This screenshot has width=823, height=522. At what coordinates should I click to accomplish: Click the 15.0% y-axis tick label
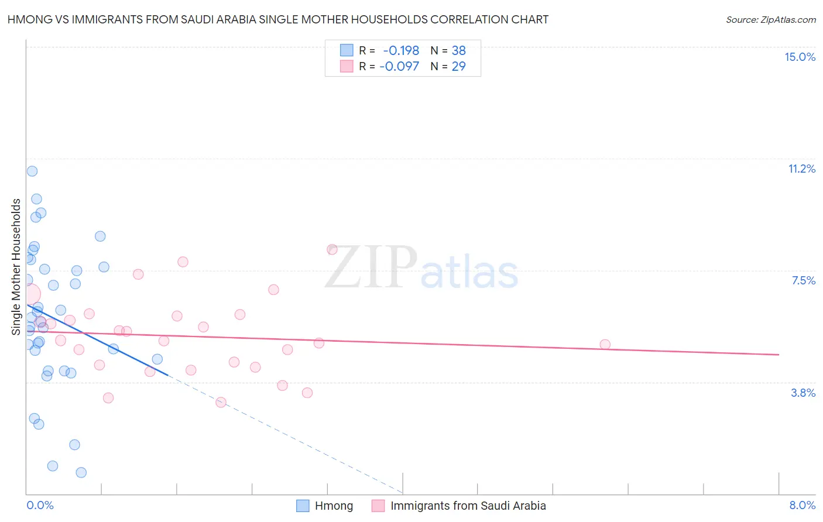(800, 57)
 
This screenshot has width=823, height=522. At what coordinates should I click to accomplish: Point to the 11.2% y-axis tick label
(801, 169)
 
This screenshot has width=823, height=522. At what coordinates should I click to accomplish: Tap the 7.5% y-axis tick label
(803, 280)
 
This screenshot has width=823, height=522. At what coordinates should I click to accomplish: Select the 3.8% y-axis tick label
(803, 393)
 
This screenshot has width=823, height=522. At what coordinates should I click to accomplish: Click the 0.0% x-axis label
(40, 505)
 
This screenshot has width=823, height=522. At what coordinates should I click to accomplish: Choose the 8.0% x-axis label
(802, 505)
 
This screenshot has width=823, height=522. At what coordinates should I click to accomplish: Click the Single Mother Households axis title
(16, 267)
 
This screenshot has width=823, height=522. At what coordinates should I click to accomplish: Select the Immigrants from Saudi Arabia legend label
(468, 506)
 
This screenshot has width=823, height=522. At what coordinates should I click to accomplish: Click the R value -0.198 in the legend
(401, 50)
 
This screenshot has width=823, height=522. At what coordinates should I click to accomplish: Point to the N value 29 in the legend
(458, 66)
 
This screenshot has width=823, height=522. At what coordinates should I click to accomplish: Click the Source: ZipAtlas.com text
(770, 19)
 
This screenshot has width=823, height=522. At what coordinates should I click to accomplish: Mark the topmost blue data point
(32, 171)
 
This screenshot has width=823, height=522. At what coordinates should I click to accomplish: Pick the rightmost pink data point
(605, 345)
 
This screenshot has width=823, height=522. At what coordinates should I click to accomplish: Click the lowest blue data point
(81, 472)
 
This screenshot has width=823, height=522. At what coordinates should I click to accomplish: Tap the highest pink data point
(332, 249)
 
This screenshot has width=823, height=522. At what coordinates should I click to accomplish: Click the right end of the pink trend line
(779, 355)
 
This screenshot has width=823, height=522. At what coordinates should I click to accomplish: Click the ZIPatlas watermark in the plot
(421, 267)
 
